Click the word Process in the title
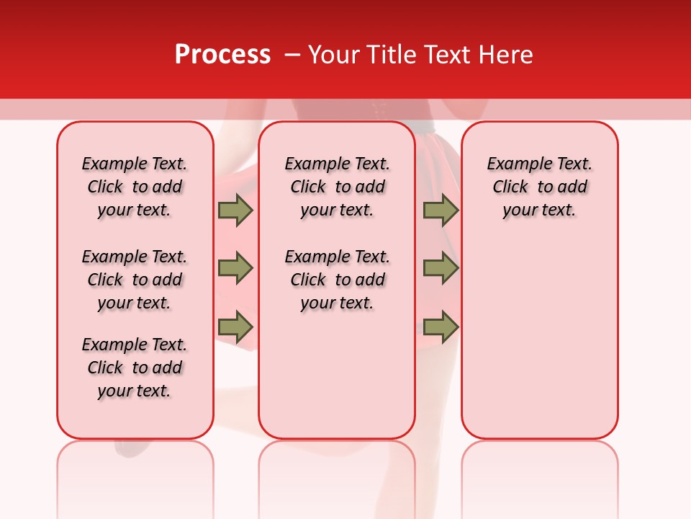coord(222,55)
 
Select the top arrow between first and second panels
coord(235,210)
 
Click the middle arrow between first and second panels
coord(235,269)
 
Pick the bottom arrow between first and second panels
coord(235,327)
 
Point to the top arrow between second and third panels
coord(441,210)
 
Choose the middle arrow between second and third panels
coord(441,269)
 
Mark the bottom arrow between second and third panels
coord(441,327)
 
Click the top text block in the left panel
coord(135,187)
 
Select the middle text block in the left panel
coord(135,280)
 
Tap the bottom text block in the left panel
coord(135,368)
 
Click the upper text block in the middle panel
coord(337,187)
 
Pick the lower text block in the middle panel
coord(337,280)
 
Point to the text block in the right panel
coord(540,187)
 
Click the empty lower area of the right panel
coord(540,339)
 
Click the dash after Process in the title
coord(292,55)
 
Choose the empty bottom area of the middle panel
coord(337,382)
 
